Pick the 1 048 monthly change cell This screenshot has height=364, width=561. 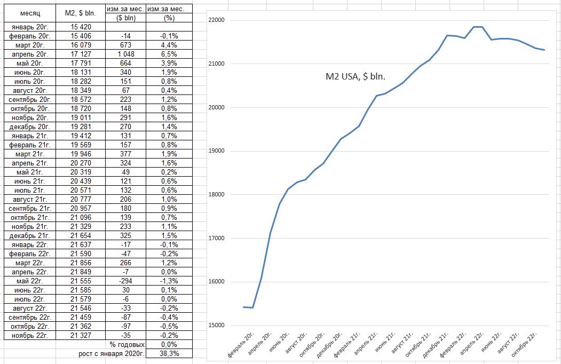[x=126, y=54]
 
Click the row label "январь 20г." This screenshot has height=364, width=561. [x=30, y=26]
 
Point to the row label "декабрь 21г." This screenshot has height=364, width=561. [x=30, y=235]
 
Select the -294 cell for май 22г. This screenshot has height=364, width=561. [x=126, y=281]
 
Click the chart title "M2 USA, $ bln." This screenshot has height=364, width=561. [x=355, y=76]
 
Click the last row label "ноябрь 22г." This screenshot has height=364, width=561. [x=30, y=335]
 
